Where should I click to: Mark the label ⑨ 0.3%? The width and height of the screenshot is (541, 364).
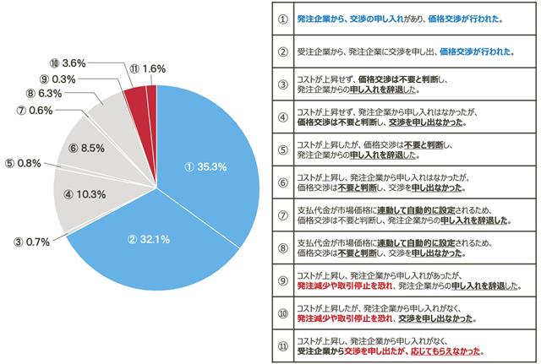(x=57, y=79)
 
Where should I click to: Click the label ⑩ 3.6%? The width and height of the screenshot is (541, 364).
(x=68, y=62)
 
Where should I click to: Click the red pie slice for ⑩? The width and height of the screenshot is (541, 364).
(x=136, y=95)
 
